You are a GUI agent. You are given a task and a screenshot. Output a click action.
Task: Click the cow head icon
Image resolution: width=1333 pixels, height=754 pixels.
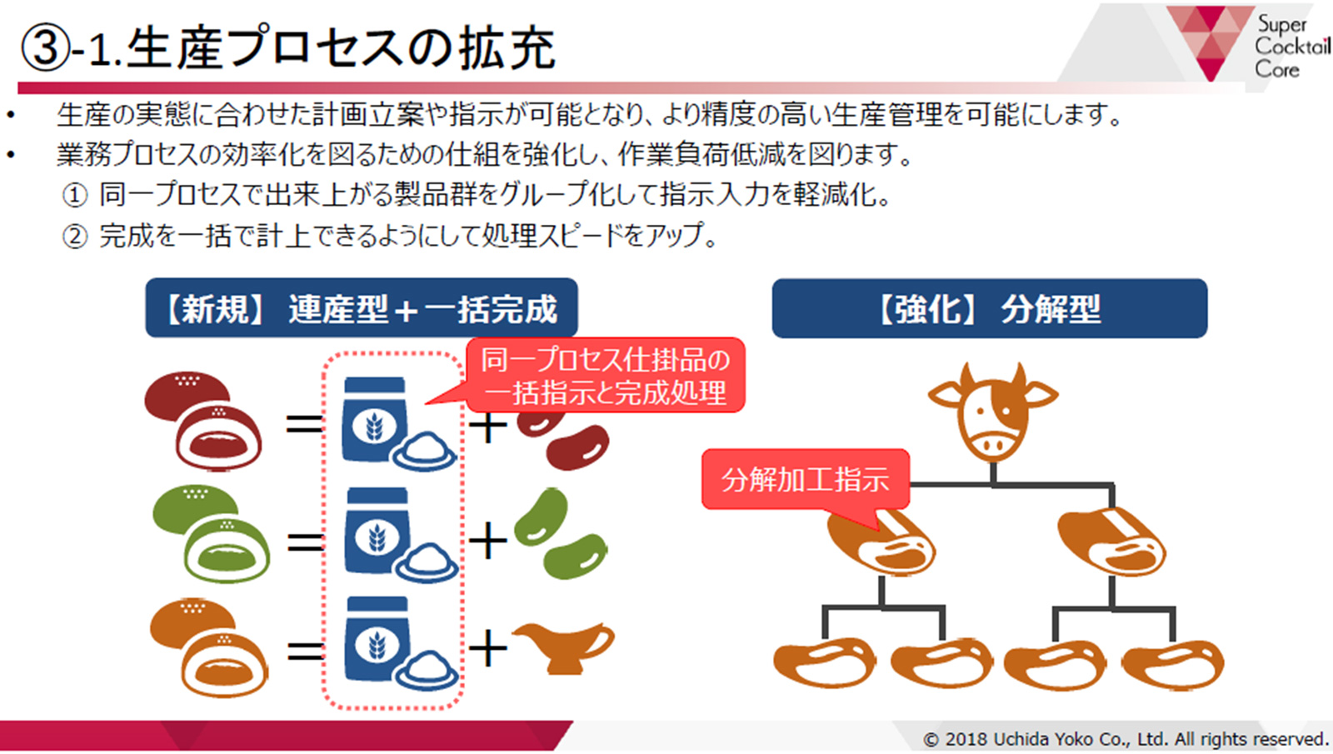click(992, 412)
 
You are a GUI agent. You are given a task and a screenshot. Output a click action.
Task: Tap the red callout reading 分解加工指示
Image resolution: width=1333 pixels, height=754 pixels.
click(805, 480)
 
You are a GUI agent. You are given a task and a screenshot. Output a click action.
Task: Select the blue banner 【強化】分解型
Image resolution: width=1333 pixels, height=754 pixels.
click(990, 308)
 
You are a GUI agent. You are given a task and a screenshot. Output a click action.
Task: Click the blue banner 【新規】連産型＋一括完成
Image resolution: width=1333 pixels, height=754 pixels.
click(362, 308)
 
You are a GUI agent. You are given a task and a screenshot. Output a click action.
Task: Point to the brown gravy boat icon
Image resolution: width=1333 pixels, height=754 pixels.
click(563, 647)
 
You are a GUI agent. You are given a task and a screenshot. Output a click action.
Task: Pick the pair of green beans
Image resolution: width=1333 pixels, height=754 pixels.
click(560, 533)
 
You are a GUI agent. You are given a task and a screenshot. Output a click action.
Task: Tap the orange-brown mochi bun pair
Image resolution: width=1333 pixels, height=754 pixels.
click(209, 647)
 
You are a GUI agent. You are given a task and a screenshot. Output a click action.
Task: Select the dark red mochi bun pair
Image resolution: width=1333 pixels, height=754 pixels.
click(203, 421)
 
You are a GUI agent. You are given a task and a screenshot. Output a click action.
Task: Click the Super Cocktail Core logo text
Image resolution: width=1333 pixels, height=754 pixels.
click(1292, 47)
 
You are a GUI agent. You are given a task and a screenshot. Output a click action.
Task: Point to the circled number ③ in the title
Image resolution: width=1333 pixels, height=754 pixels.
click(45, 47)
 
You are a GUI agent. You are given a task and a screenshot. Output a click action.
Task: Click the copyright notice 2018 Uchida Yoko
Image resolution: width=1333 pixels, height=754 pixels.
click(1126, 739)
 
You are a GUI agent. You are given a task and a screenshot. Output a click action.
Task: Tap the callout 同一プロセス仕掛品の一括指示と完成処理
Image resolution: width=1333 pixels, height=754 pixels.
click(605, 376)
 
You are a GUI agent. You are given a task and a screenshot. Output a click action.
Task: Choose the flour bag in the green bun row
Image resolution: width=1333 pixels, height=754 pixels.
click(377, 531)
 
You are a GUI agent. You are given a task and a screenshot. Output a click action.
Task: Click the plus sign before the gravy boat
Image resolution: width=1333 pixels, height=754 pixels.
click(488, 648)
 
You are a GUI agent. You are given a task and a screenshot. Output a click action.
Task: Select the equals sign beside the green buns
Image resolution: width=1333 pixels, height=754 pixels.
click(305, 542)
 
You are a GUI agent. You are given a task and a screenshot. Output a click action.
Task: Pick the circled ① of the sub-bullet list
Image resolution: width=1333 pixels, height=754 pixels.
click(75, 195)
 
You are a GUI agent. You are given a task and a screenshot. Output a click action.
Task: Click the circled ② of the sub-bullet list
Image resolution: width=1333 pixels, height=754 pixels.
click(75, 237)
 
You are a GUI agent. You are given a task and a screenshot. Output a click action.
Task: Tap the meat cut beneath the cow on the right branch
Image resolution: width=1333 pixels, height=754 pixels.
click(1111, 541)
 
